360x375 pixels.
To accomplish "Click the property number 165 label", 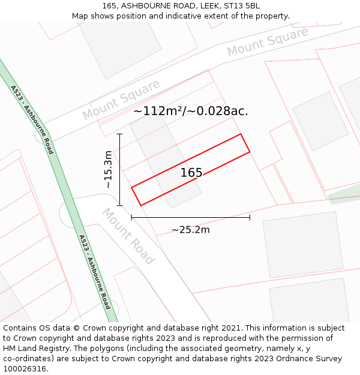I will click(191, 173).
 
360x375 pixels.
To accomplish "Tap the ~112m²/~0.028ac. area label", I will click(190, 111).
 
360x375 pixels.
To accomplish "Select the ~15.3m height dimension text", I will click(108, 170).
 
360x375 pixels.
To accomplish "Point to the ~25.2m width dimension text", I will click(190, 230).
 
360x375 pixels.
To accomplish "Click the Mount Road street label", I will click(128, 236).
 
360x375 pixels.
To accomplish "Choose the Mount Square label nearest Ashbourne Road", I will click(122, 99).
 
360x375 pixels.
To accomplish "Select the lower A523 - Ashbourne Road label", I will click(95, 272).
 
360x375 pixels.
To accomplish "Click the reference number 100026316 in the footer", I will click(25, 369).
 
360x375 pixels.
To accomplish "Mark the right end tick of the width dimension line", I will click(250, 218).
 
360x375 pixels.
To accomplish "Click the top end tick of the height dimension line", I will click(119, 134).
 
